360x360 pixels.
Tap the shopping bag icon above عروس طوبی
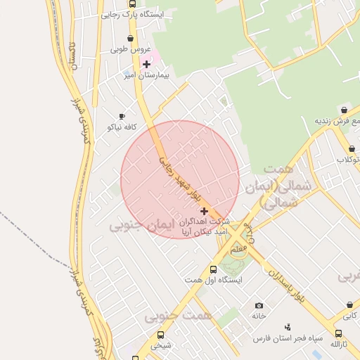click(x=130, y=39)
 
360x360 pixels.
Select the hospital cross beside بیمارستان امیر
click(x=146, y=64)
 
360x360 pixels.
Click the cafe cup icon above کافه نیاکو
click(x=122, y=116)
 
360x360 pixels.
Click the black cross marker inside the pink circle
click(x=204, y=211)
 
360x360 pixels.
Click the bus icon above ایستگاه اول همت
click(x=213, y=269)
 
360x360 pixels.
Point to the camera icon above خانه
click(x=259, y=305)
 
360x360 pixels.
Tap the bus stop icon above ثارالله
click(x=338, y=334)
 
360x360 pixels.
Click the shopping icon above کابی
click(x=350, y=305)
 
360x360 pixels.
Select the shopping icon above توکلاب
click(x=351, y=149)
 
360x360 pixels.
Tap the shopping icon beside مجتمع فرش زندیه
click(x=343, y=110)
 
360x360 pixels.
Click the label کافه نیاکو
click(x=121, y=127)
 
